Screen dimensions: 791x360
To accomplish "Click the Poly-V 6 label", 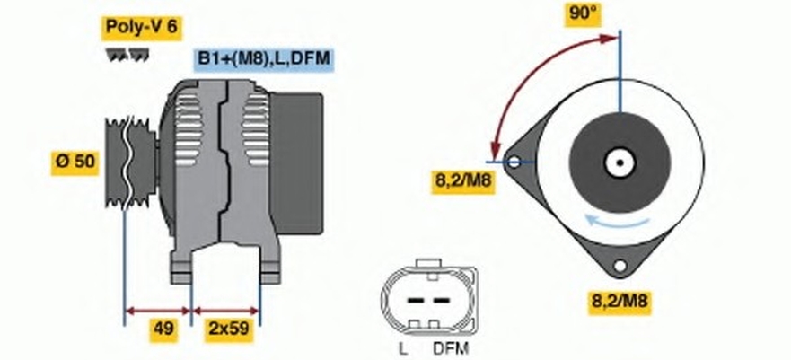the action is (x=141, y=27).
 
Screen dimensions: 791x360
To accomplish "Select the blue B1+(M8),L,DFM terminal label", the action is (x=263, y=59).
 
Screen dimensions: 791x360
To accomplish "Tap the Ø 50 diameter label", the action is (x=75, y=162).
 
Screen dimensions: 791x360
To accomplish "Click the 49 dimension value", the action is (x=163, y=329).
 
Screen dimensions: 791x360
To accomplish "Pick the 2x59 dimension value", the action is (x=229, y=329).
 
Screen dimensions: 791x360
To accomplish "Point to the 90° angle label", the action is (x=584, y=13).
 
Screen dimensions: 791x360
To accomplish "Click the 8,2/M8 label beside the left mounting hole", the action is (x=462, y=180).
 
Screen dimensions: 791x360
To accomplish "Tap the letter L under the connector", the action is (x=403, y=349).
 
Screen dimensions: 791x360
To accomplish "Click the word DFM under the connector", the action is (x=451, y=349).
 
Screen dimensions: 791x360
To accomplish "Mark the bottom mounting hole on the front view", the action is (x=619, y=265).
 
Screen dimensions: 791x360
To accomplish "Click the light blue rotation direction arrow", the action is (x=618, y=221).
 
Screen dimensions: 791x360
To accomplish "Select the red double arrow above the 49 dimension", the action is (x=158, y=311).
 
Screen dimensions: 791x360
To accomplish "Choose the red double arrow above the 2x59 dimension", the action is (x=226, y=311).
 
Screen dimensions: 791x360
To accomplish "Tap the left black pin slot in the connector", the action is (x=415, y=301).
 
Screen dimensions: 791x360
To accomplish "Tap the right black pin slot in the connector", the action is (x=442, y=301).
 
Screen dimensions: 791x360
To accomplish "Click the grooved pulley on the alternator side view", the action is (x=130, y=162).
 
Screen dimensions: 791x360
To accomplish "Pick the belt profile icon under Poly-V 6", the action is (x=127, y=55).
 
